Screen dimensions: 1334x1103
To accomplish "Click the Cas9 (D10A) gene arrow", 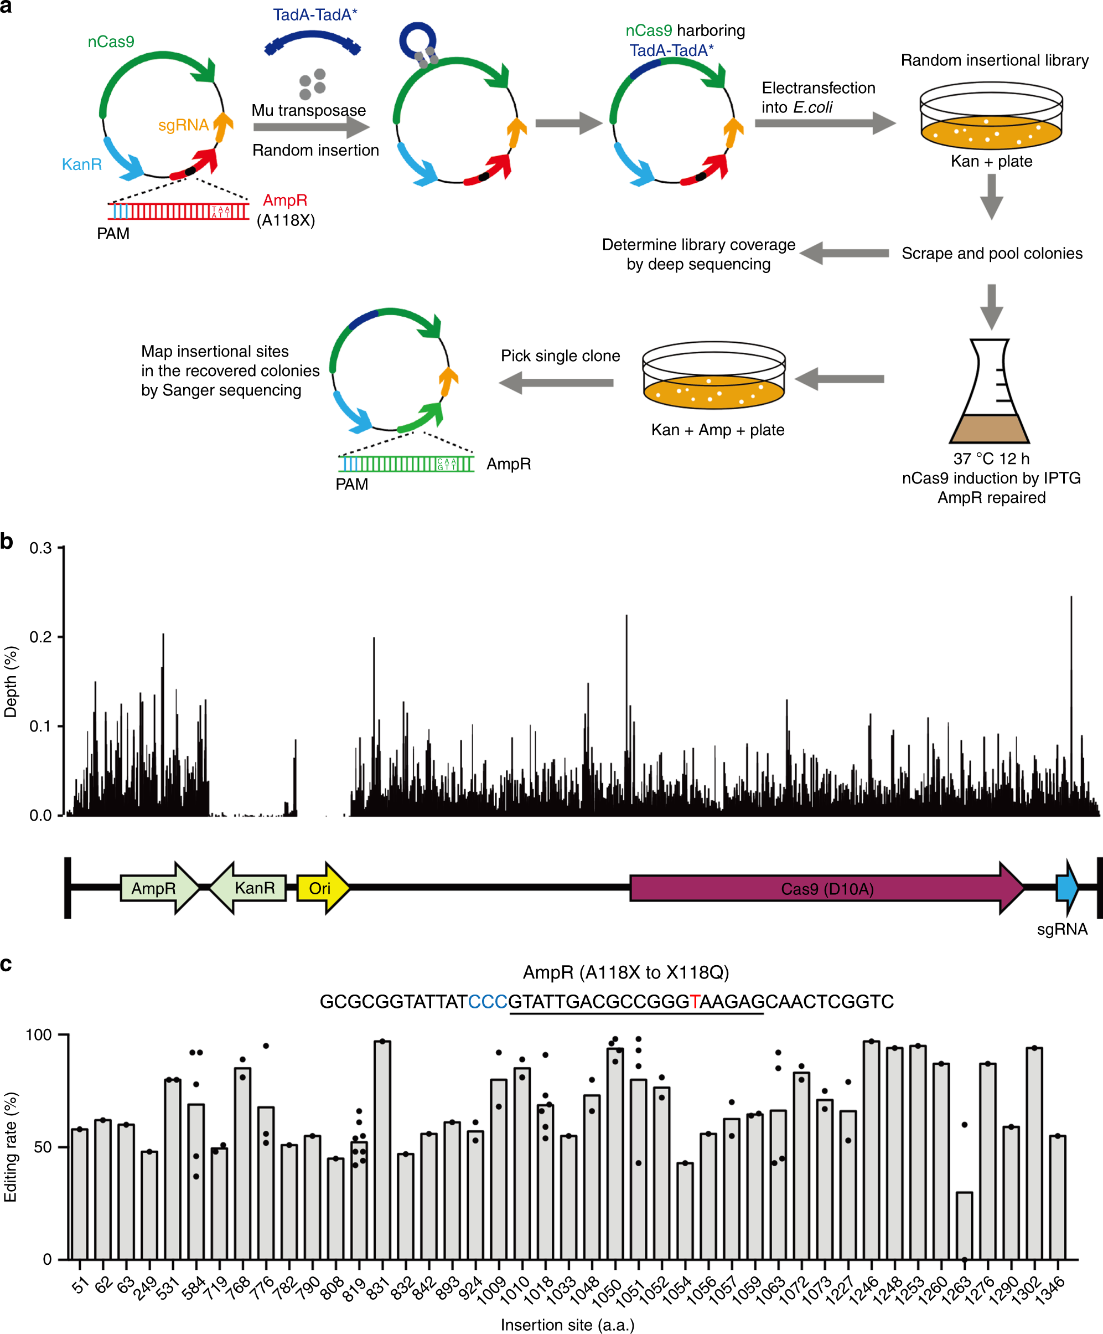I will (x=826, y=888).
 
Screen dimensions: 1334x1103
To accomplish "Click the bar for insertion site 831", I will (x=382, y=1150).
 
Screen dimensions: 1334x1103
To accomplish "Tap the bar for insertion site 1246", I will (x=871, y=1150).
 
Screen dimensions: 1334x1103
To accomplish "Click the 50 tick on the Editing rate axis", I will (x=43, y=1147).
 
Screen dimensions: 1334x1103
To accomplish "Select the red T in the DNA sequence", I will (x=695, y=1002).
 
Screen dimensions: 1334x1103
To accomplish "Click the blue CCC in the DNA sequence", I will (x=488, y=1002).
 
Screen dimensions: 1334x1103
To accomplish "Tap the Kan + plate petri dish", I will (x=991, y=117).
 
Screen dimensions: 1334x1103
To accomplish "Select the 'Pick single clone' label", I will (x=560, y=356).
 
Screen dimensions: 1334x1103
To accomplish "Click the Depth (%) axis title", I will (x=11, y=682).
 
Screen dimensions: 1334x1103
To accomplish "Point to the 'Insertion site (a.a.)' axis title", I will (x=567, y=1325).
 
